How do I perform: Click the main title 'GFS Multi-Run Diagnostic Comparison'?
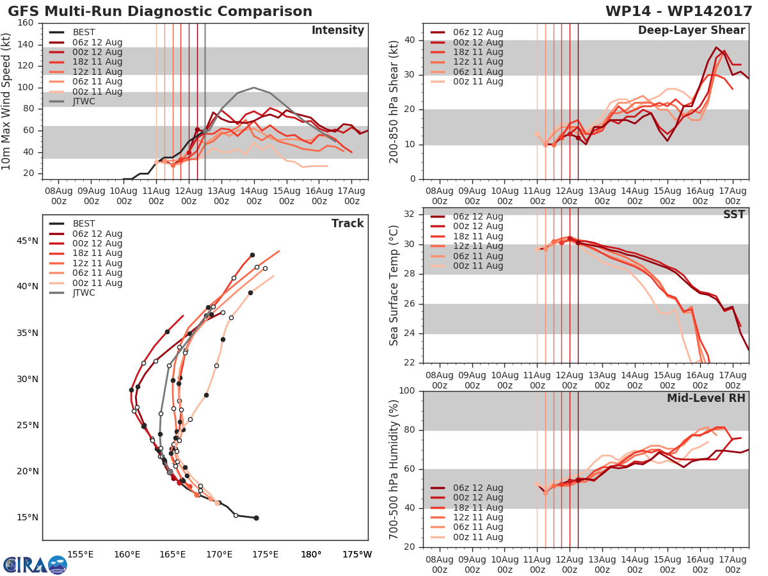click(x=160, y=12)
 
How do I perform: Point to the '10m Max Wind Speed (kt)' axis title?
click(x=7, y=100)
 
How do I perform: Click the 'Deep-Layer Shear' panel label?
click(x=691, y=31)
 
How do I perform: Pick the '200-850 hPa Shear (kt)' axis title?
click(x=394, y=100)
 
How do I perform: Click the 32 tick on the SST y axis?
click(x=410, y=214)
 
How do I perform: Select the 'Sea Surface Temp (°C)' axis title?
click(x=394, y=285)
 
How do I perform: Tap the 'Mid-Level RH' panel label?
click(x=706, y=398)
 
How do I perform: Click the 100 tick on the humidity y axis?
click(x=407, y=391)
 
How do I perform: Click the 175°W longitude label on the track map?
click(x=356, y=554)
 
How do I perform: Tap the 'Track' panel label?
click(x=348, y=223)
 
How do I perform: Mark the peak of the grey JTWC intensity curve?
click(x=253, y=88)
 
